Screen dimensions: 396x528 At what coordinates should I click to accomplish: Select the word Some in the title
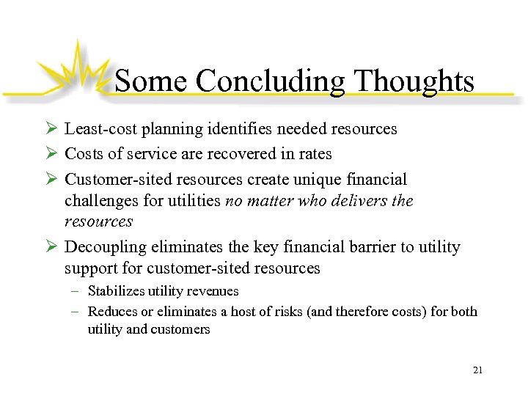[x=150, y=81]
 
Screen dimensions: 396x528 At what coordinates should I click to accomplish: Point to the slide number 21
[x=477, y=370]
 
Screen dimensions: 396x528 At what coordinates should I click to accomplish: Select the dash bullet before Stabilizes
[x=77, y=291]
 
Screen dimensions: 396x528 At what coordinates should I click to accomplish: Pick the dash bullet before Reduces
[x=77, y=312]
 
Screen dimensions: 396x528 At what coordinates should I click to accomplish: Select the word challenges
[x=101, y=200]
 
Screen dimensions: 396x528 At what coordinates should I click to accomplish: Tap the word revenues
[x=213, y=291]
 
